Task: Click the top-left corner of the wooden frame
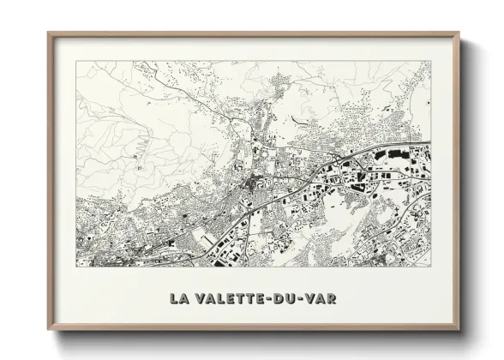click(48, 33)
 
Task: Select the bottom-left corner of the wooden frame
click(48, 330)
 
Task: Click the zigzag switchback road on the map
click(137, 154)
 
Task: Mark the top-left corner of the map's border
click(75, 61)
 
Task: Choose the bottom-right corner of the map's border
click(431, 267)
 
